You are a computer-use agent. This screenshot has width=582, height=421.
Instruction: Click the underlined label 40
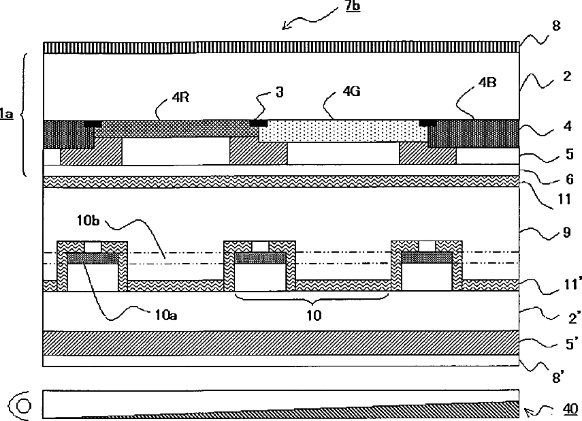tap(570, 409)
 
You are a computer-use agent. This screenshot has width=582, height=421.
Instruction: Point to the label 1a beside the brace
tap(6, 115)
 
